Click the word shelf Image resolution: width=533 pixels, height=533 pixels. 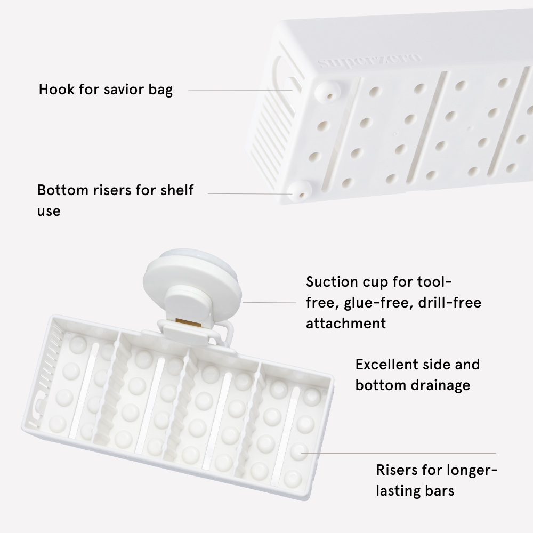coord(177,190)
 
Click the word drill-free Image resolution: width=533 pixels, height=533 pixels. coord(450,303)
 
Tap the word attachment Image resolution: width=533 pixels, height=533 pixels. coord(346,324)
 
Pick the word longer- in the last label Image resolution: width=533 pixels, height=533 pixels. coord(472,470)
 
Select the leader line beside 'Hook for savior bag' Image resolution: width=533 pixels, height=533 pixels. coord(240,90)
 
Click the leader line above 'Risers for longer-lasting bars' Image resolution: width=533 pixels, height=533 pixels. coord(398,453)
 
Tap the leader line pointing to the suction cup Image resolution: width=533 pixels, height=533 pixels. coord(269,302)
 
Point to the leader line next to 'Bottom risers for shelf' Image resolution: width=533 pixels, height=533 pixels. coord(250,194)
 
